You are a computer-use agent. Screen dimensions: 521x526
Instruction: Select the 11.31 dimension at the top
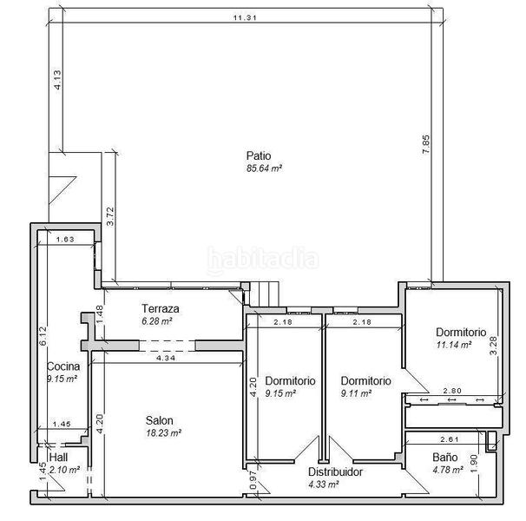coord(244,16)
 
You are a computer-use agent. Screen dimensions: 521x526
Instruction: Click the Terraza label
coord(161,309)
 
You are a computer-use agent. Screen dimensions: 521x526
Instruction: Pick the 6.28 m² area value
coord(157,320)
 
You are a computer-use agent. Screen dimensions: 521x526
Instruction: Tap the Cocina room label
coord(62,366)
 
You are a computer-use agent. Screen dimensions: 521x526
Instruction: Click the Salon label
coord(161,420)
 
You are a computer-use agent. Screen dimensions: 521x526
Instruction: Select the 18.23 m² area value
coord(162,432)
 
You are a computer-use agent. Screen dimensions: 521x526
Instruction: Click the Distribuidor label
coord(336,472)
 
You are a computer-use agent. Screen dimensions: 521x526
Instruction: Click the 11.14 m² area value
coord(453,344)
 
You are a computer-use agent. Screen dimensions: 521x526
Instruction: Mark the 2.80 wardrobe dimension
coord(451,392)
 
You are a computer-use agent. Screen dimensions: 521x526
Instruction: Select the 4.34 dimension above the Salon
coord(166,358)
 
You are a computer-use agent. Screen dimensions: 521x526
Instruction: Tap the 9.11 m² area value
coord(356,392)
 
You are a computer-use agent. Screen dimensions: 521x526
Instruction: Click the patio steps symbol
coord(264,294)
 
